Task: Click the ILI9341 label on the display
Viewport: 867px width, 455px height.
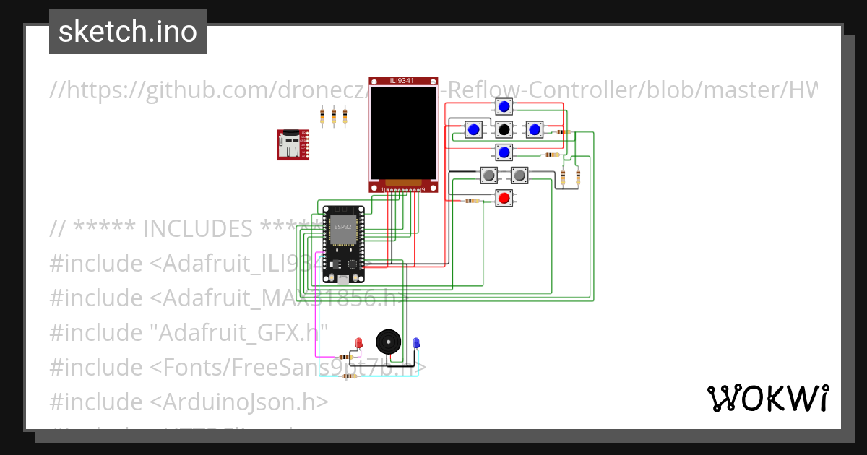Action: click(x=403, y=81)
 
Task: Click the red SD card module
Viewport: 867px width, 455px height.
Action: click(x=293, y=144)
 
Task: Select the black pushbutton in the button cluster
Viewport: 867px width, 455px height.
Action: click(x=504, y=130)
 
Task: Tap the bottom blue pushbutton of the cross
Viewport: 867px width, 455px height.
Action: click(x=504, y=152)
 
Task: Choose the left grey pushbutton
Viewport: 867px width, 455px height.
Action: click(x=489, y=175)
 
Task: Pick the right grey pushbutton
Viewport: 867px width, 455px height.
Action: click(x=519, y=175)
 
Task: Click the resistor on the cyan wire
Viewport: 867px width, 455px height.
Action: click(x=350, y=376)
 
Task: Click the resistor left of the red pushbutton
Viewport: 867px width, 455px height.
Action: click(x=473, y=201)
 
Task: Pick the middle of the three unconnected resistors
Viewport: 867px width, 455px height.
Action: click(x=333, y=116)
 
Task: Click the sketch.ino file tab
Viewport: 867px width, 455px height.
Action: click(x=128, y=32)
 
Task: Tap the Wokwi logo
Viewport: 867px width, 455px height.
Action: click(x=767, y=398)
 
